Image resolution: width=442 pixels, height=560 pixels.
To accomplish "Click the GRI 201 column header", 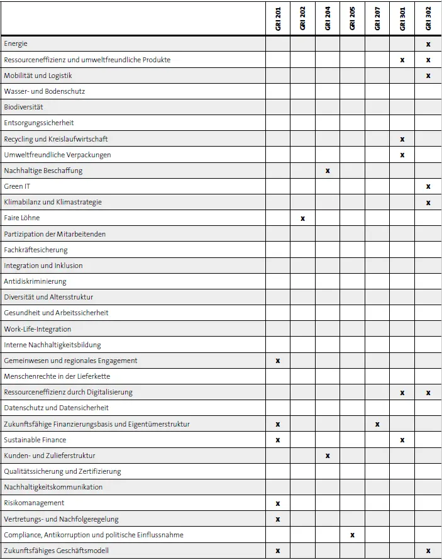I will click(278, 19).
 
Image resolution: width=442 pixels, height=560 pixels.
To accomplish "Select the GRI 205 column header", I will click(352, 19).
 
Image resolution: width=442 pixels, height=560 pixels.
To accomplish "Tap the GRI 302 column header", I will click(428, 19).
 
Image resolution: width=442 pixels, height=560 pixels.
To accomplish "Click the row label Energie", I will click(16, 44).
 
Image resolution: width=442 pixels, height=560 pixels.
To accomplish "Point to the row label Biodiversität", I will click(23, 107).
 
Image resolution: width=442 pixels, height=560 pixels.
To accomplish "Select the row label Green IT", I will click(17, 186).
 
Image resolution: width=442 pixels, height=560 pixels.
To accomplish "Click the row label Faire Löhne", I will click(22, 218).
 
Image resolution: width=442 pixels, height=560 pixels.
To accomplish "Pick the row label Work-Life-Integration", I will click(38, 329).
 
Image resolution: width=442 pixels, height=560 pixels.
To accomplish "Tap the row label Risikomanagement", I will click(34, 503).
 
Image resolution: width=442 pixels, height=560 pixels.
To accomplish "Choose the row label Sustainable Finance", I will click(35, 440).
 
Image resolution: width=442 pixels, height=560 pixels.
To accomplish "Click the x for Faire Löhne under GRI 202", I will click(302, 218).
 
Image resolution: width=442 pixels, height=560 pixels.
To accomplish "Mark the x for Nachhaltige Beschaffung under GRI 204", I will click(328, 171).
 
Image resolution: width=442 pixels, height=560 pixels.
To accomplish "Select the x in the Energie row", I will click(428, 44).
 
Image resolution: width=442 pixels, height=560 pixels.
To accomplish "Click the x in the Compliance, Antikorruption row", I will click(352, 535).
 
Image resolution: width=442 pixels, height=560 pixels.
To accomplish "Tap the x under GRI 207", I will click(377, 424).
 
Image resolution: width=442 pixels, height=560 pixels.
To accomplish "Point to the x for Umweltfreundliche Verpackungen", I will click(402, 155).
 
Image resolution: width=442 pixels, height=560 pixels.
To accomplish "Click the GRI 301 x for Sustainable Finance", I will click(402, 440).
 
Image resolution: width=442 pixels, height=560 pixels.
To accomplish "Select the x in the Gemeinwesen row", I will click(278, 361).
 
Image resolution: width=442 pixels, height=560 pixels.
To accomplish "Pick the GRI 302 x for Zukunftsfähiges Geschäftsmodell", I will click(428, 551).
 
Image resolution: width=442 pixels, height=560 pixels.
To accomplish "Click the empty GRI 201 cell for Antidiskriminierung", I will click(278, 281).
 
